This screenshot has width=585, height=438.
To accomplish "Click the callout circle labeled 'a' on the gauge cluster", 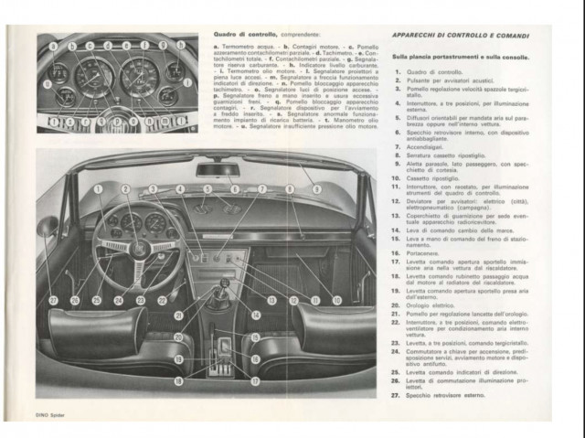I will pyautogui.click(x=54, y=46).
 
